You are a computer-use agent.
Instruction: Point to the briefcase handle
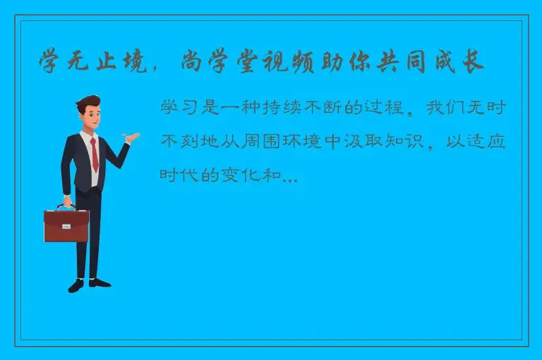coord(66,205)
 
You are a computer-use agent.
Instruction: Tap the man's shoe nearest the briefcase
coord(76,286)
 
